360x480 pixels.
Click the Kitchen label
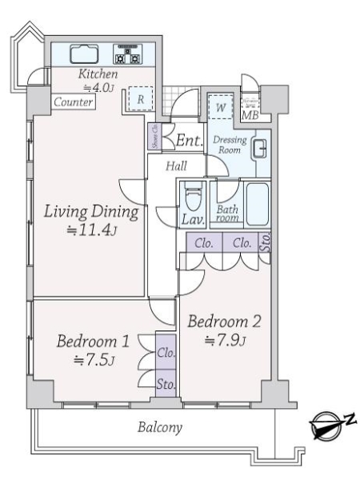click(98, 74)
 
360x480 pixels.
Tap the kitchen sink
click(83, 54)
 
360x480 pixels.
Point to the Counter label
click(74, 102)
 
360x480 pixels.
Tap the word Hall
click(177, 166)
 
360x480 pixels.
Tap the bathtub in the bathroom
click(256, 205)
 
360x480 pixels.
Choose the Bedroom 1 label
click(93, 342)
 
